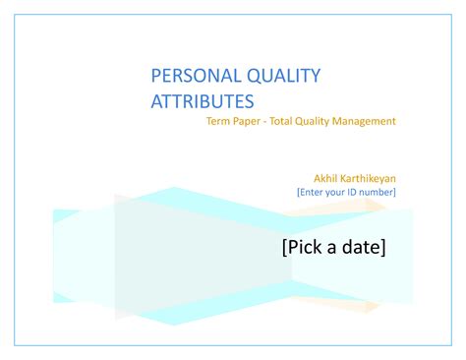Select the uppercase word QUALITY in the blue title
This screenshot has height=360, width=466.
[x=278, y=77]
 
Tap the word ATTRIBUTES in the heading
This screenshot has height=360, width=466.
[x=202, y=100]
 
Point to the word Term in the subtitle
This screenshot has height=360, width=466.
[x=216, y=121]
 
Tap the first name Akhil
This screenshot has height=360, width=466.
[x=327, y=178]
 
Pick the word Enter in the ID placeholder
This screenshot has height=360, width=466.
[x=312, y=192]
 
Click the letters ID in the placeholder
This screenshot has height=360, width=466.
[x=358, y=192]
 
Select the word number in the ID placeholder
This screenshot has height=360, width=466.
[x=379, y=192]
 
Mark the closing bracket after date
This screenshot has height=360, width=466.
[x=382, y=247]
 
